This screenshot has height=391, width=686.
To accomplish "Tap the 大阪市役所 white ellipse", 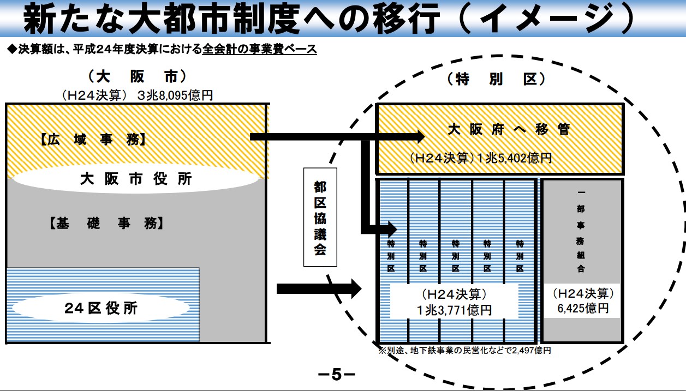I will [x=135, y=179].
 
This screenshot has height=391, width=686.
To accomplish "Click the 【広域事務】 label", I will [x=92, y=140].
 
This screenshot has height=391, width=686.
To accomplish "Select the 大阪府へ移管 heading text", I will [x=509, y=130].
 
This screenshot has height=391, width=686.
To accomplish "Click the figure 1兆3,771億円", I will [x=454, y=310].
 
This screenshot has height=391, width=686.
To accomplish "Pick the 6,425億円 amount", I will [x=583, y=308].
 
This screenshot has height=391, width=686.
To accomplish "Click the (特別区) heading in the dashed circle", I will [x=496, y=79].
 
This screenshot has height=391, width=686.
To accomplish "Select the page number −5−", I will [x=336, y=375].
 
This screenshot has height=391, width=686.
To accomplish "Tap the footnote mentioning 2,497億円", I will [x=464, y=350].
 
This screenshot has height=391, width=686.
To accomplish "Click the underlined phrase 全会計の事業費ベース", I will [x=259, y=49].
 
